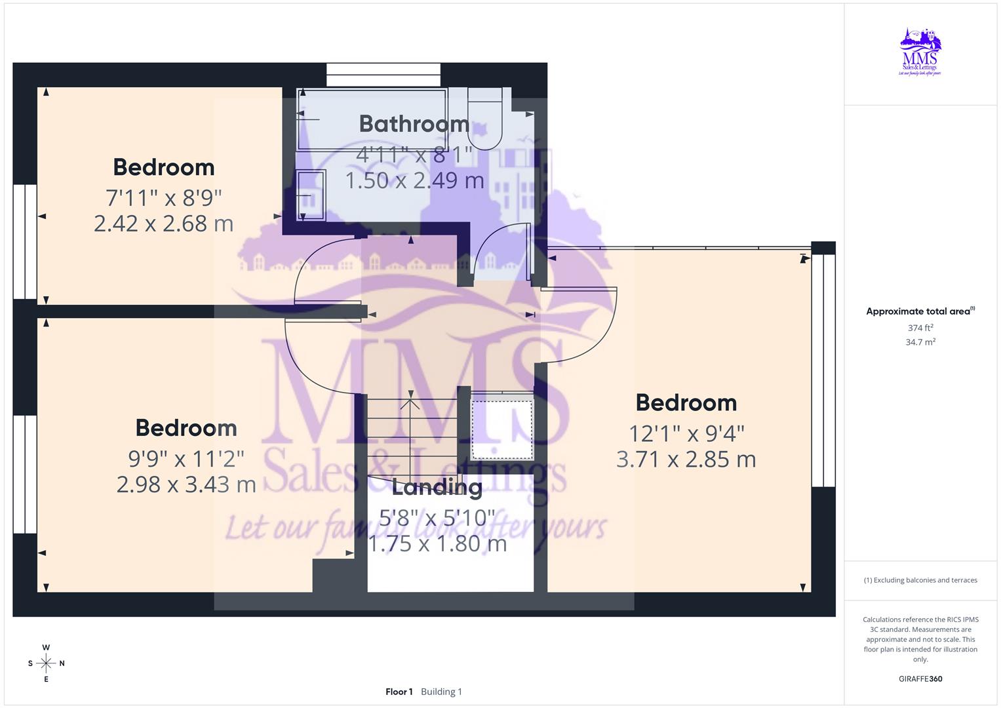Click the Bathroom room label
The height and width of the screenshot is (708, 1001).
(x=414, y=124)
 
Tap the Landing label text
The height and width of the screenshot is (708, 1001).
(x=437, y=487)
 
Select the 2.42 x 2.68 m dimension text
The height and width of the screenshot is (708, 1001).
(x=163, y=224)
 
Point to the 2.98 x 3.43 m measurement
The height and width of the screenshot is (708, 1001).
(x=186, y=484)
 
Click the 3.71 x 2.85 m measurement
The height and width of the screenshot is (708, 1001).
(x=686, y=460)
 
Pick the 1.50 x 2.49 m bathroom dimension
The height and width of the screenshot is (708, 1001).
(x=414, y=180)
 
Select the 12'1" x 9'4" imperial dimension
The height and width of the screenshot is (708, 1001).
(x=686, y=433)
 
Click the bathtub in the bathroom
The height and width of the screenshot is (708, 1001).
(x=372, y=119)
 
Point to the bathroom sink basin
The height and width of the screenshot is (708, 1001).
(x=311, y=195)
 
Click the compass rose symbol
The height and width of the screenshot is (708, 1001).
(x=46, y=663)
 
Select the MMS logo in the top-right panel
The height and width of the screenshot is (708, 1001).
(x=920, y=52)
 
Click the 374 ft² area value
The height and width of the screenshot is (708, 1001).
(x=920, y=328)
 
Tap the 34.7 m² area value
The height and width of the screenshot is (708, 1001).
(x=920, y=342)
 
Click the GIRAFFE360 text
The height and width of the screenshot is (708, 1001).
(x=920, y=679)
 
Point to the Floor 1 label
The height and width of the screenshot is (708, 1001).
(x=399, y=692)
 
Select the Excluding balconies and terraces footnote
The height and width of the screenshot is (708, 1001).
(x=920, y=580)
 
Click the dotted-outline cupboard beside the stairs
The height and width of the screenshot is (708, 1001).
(x=502, y=429)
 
